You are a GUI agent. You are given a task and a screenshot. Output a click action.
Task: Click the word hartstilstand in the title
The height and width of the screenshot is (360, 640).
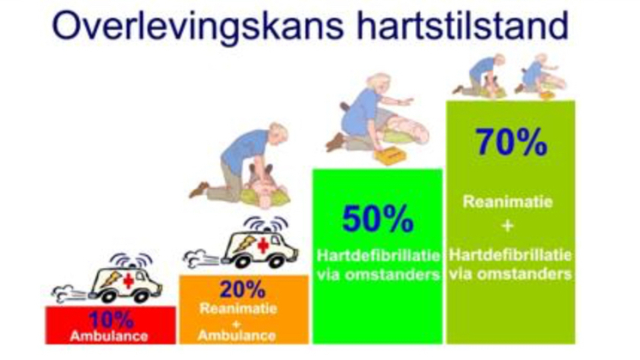[462, 25]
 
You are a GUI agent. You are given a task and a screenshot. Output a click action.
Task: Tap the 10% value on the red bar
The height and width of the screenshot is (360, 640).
[111, 320]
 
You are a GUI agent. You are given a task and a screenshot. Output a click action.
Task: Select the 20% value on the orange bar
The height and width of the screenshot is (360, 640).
[242, 290]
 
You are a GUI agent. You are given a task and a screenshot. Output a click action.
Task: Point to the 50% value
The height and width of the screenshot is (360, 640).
[378, 219]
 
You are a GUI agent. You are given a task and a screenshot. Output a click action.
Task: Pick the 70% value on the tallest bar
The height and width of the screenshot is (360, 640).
[511, 143]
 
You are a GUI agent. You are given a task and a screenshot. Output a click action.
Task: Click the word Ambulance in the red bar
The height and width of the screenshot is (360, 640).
[109, 336]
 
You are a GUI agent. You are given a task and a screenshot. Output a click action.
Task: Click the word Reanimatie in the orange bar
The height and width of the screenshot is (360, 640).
[238, 308]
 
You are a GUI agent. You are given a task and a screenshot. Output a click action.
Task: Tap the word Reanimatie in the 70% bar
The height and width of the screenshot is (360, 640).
[508, 202]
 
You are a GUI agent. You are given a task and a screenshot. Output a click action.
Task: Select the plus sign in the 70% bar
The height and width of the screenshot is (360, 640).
[508, 226]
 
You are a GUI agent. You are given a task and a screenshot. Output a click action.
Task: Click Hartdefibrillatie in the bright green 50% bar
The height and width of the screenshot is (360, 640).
[378, 255]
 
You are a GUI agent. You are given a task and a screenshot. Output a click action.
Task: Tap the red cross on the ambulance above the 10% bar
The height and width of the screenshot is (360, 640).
[129, 281]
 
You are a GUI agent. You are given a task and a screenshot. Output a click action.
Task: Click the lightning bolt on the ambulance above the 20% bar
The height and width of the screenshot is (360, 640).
[244, 244]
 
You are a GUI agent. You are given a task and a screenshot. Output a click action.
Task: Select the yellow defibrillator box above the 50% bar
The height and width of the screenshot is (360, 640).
[391, 156]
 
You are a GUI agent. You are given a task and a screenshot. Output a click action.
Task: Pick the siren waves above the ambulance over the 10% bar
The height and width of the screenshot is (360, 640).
[131, 261]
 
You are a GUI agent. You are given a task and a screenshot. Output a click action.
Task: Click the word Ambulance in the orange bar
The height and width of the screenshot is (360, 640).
[237, 335]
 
